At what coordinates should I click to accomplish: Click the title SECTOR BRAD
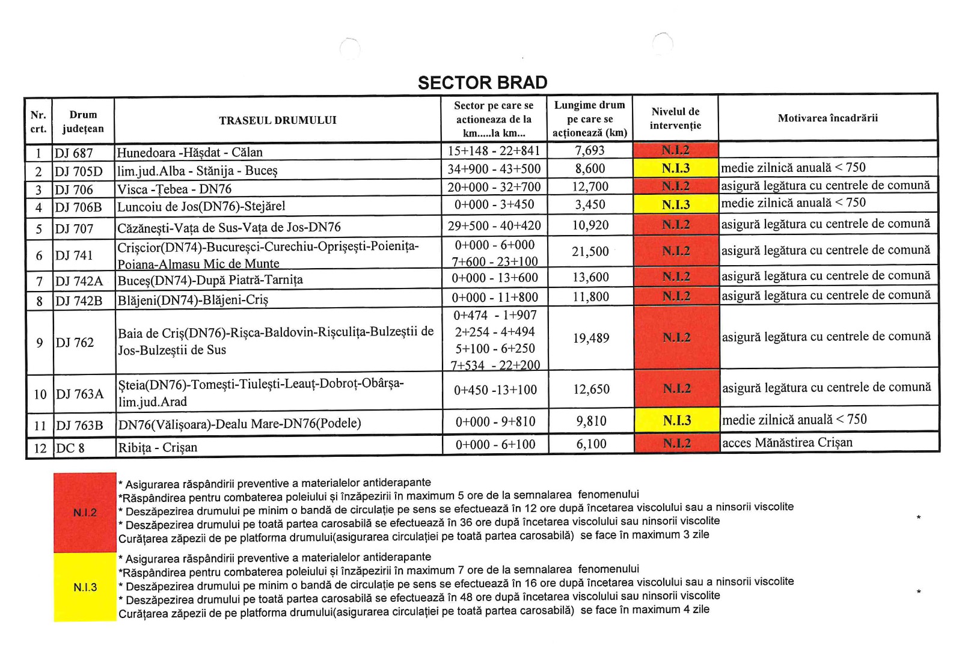tap(482, 82)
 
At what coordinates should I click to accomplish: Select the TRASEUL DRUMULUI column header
tap(278, 120)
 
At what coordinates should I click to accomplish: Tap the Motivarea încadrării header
tap(827, 118)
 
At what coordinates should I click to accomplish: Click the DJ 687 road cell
tap(74, 153)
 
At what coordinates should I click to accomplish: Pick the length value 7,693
tap(590, 150)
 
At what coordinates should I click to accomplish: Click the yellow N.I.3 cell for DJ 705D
tap(676, 168)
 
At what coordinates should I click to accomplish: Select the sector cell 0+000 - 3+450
tap(494, 204)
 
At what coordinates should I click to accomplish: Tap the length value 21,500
tap(590, 251)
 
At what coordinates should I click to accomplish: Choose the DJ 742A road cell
tap(79, 281)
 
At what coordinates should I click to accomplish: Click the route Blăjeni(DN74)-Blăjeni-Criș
tap(193, 299)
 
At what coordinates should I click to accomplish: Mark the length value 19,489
tap(590, 338)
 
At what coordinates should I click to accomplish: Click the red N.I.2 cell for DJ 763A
tap(676, 389)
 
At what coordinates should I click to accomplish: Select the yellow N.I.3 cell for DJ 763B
tap(676, 421)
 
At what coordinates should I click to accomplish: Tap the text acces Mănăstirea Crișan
tap(787, 443)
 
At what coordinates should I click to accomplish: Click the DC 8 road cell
tap(70, 448)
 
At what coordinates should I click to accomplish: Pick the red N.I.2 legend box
tap(85, 513)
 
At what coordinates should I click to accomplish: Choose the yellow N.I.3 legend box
tap(85, 587)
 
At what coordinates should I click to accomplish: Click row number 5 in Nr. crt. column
tap(39, 228)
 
